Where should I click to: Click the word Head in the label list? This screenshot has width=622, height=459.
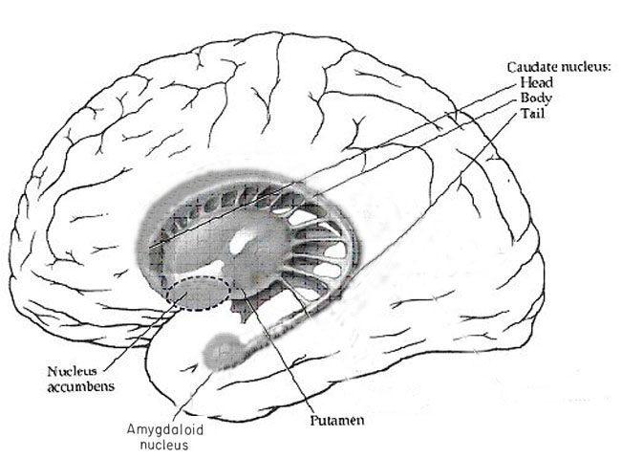534,83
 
